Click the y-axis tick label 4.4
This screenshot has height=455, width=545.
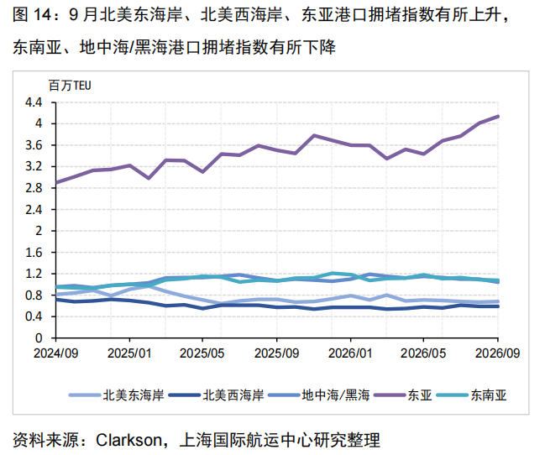click(34, 102)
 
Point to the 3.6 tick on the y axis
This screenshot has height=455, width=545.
click(34, 145)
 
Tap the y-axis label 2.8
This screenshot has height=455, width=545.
click(34, 188)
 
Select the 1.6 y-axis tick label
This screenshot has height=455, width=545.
click(34, 253)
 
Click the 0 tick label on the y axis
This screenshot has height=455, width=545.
click(39, 338)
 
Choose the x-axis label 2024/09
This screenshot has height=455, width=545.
click(56, 353)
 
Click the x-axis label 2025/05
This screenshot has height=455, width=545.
click(202, 353)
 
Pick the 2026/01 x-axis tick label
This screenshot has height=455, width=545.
click(350, 353)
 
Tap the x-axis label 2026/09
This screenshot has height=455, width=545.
click(497, 353)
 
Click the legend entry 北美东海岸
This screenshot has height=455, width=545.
click(117, 395)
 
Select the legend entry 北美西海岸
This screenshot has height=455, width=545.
click(216, 395)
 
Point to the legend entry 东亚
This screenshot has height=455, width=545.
click(402, 395)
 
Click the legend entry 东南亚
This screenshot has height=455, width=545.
click(472, 395)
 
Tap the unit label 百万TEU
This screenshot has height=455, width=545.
click(70, 86)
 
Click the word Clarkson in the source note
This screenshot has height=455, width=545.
click(128, 440)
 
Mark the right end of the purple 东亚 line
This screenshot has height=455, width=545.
click(498, 117)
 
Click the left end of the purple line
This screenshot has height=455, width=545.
click(56, 182)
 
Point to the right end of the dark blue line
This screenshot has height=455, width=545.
click(498, 306)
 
